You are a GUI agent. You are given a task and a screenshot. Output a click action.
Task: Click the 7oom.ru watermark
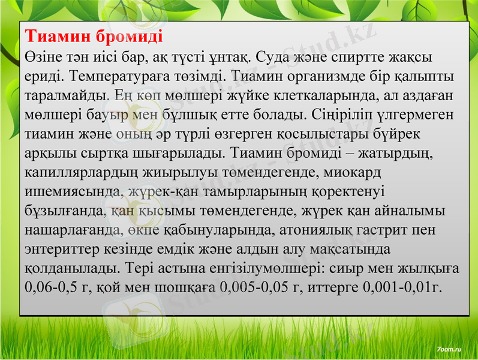point(449,348)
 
